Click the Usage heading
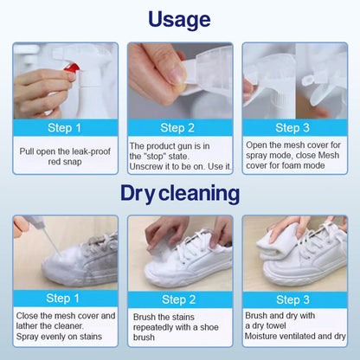tap(179, 20)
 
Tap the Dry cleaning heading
tap(180, 193)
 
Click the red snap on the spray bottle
tap(72, 68)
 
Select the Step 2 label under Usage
tap(177, 128)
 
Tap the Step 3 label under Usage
tap(292, 128)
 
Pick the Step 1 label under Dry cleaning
tap(62, 299)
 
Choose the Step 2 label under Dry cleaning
tap(178, 299)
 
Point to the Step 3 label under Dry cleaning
tap(292, 299)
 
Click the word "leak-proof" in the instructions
tap(91, 151)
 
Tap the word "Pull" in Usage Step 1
tap(27, 151)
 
